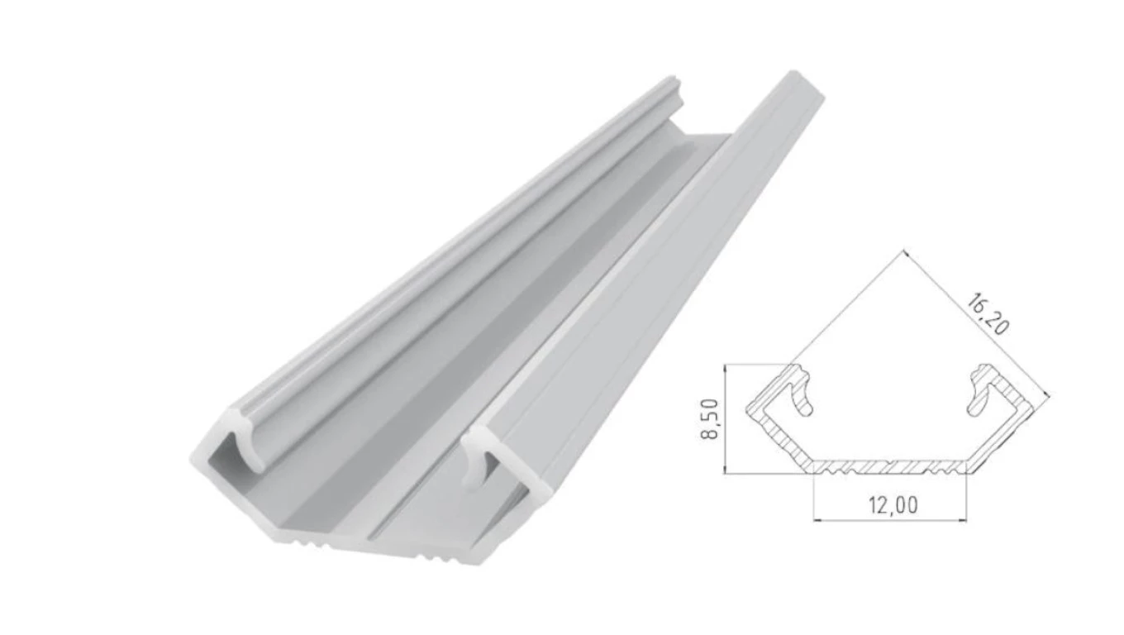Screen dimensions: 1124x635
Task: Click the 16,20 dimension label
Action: [x=987, y=315]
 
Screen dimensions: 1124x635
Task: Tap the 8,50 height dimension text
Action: [x=709, y=419]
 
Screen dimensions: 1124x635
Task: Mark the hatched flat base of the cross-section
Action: [x=890, y=467]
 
